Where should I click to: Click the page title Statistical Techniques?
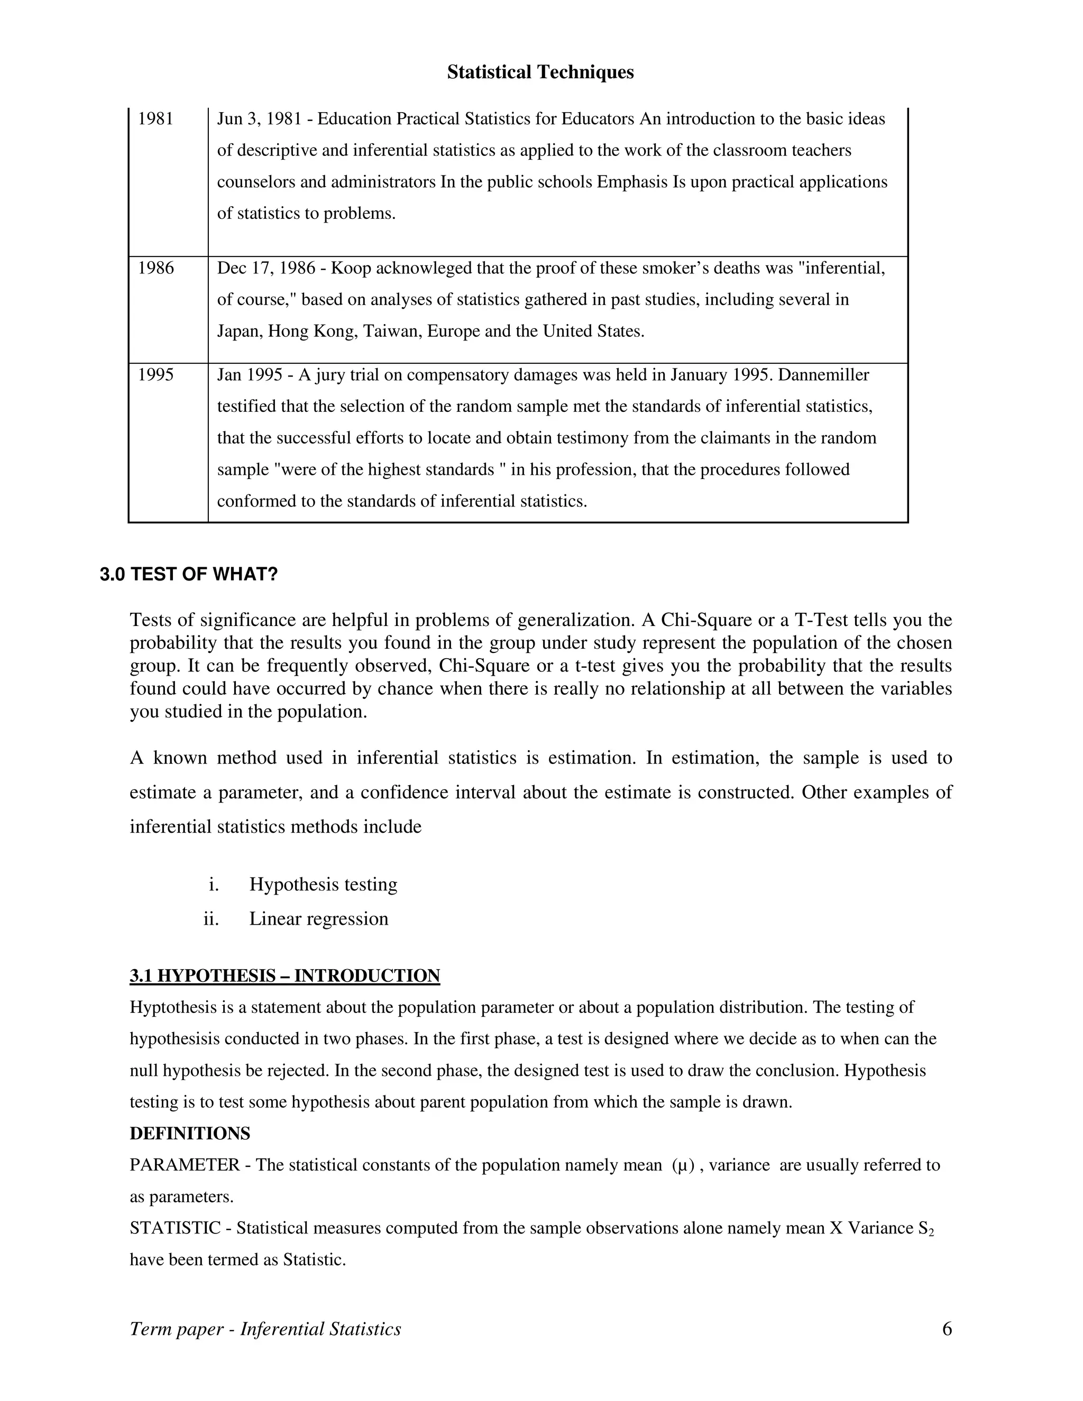click(540, 72)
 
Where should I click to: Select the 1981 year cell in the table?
click(155, 119)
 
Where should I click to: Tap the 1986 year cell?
click(155, 268)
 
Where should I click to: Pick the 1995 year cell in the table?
click(155, 375)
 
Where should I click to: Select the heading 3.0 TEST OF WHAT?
click(189, 574)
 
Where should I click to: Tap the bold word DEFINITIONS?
click(190, 1133)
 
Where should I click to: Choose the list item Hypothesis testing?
click(323, 884)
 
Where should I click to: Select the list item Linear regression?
click(318, 919)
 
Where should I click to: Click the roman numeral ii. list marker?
click(211, 919)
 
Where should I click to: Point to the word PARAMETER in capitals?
click(185, 1165)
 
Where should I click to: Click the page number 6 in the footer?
click(947, 1329)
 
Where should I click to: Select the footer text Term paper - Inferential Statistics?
click(265, 1329)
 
